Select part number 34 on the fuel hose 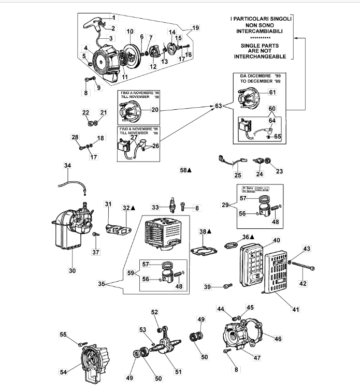pyautogui.click(x=67, y=166)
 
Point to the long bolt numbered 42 pyautogui.click(x=299, y=267)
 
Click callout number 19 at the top pyautogui.click(x=195, y=27)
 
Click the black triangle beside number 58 pyautogui.click(x=190, y=170)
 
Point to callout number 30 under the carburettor pyautogui.click(x=71, y=270)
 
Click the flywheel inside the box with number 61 pyautogui.click(x=247, y=98)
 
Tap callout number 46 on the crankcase pyautogui.click(x=278, y=339)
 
